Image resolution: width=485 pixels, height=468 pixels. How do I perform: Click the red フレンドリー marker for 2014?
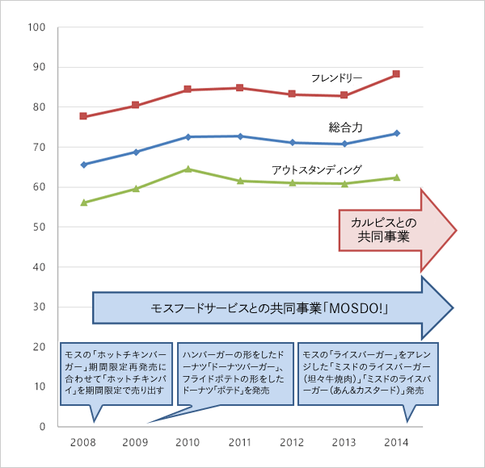(396, 74)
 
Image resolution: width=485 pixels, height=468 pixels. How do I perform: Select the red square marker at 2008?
(83, 116)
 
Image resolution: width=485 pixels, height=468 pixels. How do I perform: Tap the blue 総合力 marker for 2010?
(188, 137)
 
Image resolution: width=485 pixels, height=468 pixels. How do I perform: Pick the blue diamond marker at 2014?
(396, 133)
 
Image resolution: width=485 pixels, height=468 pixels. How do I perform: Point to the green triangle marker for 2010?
(188, 169)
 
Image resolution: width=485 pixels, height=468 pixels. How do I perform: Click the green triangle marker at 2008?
(83, 203)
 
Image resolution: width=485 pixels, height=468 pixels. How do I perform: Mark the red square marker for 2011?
(240, 88)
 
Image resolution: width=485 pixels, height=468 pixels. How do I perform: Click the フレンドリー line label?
(336, 78)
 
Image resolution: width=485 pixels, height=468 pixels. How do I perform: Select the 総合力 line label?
(345, 127)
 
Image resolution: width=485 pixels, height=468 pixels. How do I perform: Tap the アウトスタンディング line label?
(316, 169)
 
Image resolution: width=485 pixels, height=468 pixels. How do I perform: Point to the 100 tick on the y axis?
(36, 27)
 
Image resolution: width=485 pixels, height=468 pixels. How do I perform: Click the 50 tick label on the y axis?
(39, 228)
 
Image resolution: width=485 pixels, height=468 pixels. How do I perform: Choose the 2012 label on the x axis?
(292, 442)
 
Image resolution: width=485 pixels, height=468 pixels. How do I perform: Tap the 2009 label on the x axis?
(136, 442)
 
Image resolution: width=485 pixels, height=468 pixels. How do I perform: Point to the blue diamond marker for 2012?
(292, 143)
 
